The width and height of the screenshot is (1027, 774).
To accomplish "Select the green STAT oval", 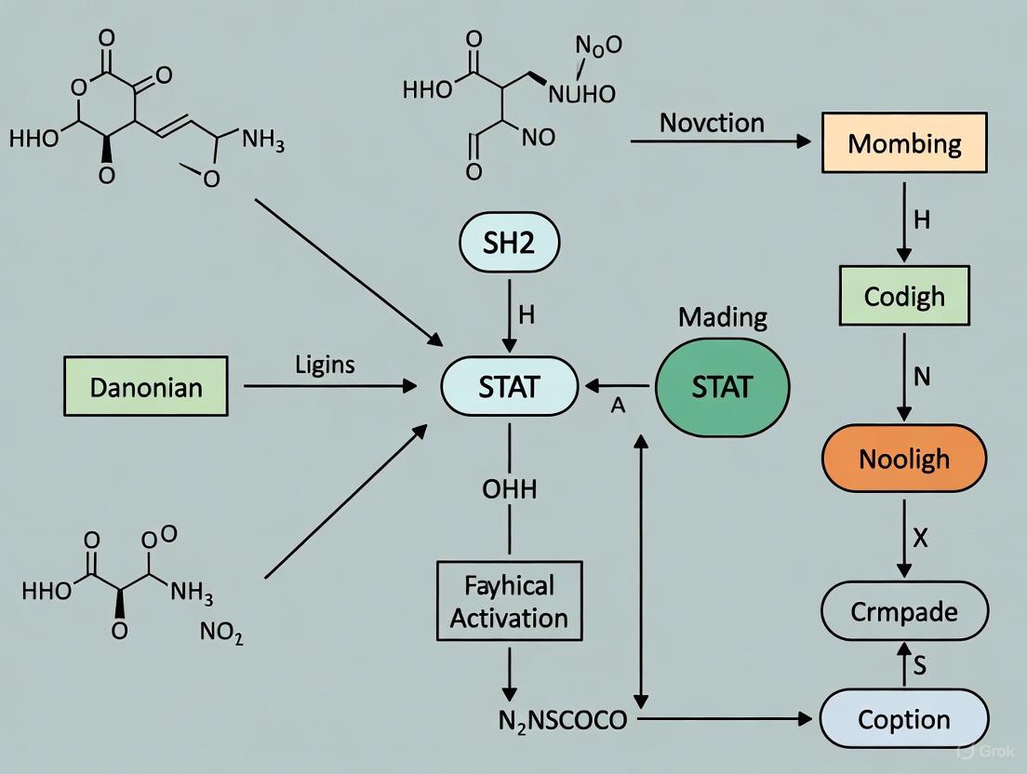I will (722, 385).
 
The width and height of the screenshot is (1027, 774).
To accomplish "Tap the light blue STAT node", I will (510, 385).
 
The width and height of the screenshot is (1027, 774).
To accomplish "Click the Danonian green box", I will (147, 385).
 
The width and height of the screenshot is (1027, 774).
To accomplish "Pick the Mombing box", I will (904, 143).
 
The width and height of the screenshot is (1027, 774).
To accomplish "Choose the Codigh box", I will (904, 296).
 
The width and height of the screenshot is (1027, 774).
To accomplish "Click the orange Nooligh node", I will (904, 459).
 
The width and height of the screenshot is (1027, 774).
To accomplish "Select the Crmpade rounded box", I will (904, 611).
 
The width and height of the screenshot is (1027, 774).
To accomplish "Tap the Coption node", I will (904, 719).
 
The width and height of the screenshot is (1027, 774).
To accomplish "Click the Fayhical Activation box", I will (509, 601).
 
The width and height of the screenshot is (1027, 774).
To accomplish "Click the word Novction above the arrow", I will (712, 123).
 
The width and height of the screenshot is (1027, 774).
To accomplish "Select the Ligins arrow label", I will (325, 365).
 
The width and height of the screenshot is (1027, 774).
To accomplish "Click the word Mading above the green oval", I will (723, 317).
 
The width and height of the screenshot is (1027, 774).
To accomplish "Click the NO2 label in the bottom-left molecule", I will (221, 633).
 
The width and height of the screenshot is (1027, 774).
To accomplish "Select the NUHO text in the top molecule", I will (581, 94).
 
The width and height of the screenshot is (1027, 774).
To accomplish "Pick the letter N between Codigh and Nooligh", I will (922, 377).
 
